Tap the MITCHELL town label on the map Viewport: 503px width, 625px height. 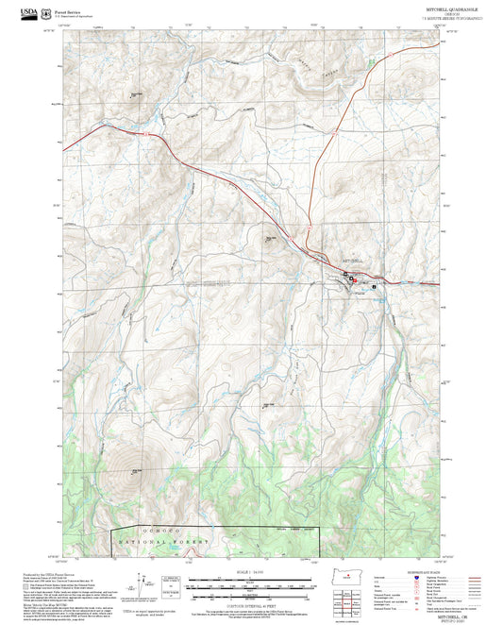point(350,259)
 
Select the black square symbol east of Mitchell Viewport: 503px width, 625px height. point(374,286)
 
